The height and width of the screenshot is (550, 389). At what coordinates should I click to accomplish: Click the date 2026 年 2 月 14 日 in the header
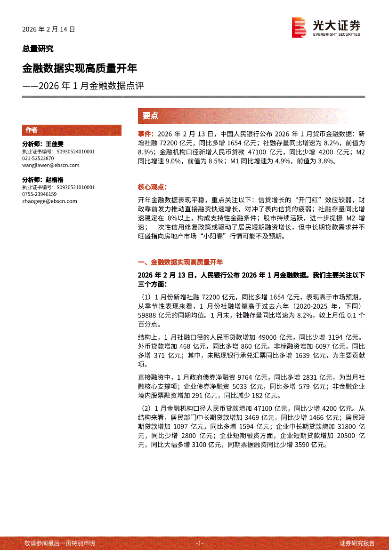pos(49,29)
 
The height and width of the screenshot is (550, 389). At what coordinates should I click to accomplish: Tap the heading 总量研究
pos(38,48)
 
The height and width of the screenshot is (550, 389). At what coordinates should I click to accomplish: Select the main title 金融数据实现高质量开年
pos(80,68)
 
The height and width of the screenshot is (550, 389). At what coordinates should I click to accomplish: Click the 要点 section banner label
pos(150,116)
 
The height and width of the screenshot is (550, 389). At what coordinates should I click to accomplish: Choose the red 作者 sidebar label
pos(32,130)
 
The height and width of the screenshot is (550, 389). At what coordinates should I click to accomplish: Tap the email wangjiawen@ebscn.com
pos(50,165)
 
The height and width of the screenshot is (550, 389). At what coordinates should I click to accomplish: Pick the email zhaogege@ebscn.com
pos(49,201)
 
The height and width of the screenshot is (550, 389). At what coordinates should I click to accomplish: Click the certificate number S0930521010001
pos(75,187)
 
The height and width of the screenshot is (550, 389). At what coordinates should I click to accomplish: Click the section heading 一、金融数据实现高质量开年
pos(180,262)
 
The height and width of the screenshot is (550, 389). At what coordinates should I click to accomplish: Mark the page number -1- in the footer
pos(199,543)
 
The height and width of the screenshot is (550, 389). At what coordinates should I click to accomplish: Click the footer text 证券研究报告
pos(357,543)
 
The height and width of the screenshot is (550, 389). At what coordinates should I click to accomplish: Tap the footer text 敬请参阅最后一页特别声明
pos(59,543)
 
